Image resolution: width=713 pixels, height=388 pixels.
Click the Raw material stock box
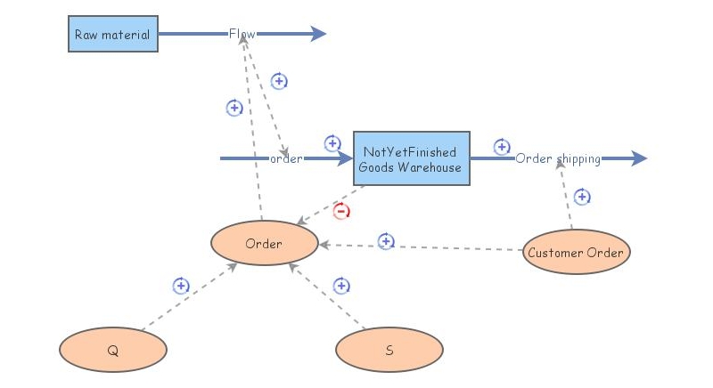(x=112, y=35)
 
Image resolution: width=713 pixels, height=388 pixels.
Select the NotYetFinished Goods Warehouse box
(x=411, y=159)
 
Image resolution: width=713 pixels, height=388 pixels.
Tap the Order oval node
(x=264, y=244)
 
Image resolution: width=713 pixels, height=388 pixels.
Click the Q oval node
(x=112, y=350)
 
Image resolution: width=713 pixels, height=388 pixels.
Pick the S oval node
(x=389, y=350)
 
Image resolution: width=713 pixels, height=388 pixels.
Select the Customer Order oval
(x=576, y=253)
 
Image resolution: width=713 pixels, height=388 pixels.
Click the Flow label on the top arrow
(x=242, y=35)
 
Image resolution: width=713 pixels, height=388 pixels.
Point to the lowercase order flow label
(x=286, y=159)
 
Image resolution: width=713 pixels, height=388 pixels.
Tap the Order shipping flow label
(x=557, y=159)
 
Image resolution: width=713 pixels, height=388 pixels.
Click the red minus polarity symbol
(x=341, y=211)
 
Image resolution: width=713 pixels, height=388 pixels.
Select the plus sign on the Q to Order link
(x=181, y=286)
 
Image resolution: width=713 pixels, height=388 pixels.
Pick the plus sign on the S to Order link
(x=341, y=286)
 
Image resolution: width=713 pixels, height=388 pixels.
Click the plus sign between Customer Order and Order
(x=386, y=241)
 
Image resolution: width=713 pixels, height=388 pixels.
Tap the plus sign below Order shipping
(x=582, y=197)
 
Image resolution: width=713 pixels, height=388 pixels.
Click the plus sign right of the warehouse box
(x=502, y=147)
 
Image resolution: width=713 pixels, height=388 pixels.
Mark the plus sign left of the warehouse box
(x=332, y=143)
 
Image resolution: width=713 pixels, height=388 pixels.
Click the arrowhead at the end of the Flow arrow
(x=318, y=35)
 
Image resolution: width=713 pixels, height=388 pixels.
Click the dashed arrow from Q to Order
(x=187, y=298)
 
